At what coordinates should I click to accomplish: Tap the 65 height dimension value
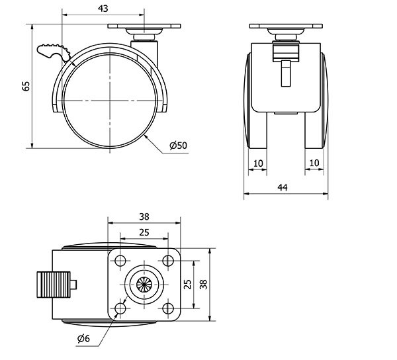click(26, 86)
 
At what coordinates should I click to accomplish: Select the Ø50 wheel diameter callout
click(177, 146)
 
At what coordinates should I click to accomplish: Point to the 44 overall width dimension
click(283, 188)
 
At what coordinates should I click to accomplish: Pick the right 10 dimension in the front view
click(315, 162)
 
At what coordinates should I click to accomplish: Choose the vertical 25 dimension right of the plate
click(188, 284)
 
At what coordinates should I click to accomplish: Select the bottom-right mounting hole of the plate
click(167, 308)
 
